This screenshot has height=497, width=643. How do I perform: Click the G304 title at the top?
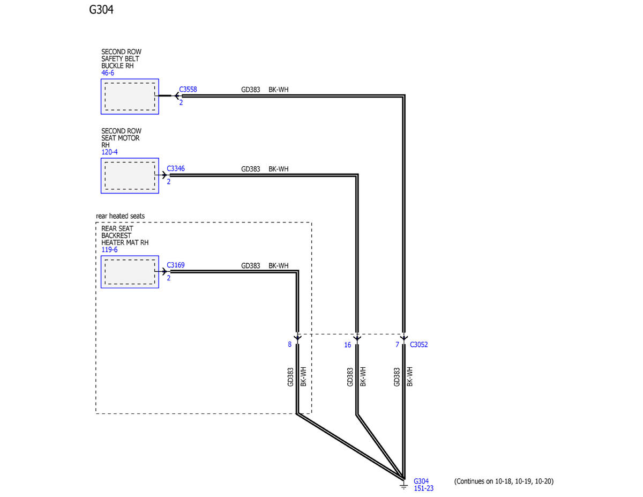[101, 10]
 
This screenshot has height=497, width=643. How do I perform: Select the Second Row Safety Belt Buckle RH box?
[130, 97]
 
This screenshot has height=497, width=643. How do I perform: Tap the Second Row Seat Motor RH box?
[130, 175]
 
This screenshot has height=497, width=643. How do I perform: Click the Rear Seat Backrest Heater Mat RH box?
[130, 272]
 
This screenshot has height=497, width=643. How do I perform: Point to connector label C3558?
[188, 90]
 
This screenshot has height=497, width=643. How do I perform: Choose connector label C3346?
[176, 168]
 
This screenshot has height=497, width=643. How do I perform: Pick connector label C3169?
[176, 265]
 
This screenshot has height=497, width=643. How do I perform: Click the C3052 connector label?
[418, 345]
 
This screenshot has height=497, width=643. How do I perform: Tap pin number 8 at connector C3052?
[290, 345]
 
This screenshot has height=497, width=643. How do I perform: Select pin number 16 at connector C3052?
[348, 345]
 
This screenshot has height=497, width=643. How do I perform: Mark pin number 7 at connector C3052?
[397, 345]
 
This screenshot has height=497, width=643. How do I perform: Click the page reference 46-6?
[108, 73]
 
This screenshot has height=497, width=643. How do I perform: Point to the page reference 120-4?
[109, 152]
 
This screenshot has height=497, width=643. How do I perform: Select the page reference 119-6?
[109, 250]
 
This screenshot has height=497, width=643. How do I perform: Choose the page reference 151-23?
[423, 488]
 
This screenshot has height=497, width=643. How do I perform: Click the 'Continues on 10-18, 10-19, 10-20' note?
[503, 481]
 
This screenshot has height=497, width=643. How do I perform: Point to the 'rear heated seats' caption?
[120, 216]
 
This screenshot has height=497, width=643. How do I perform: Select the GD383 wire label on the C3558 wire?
[250, 90]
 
